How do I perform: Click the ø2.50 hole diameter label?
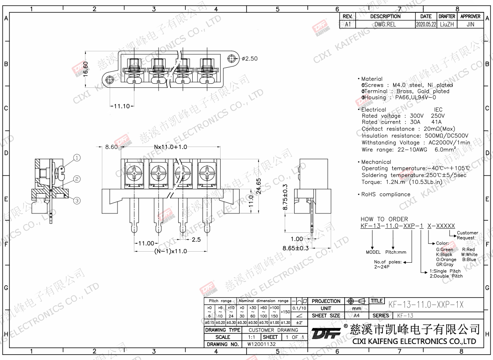pos(249,59)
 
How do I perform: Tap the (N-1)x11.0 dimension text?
pos(170,251)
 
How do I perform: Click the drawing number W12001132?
pos(261,344)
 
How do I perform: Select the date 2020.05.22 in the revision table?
pos(426,25)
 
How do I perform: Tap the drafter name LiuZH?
pos(447,25)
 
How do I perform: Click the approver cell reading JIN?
pos(470,25)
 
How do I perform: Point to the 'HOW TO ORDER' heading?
pos(384,219)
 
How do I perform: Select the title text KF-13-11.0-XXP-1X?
pos(426,304)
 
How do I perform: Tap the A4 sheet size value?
pos(356,316)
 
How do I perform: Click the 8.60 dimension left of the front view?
pos(111,147)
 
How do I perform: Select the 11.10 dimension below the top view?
pos(122,106)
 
